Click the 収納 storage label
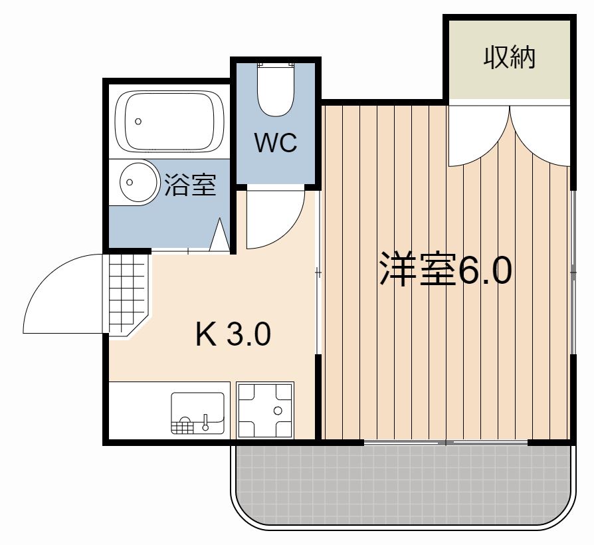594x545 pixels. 509,58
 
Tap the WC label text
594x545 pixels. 276,143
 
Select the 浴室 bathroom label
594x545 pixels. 190,185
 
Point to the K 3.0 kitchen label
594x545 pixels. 233,334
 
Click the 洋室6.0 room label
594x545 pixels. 445,270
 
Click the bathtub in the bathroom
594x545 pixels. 169,121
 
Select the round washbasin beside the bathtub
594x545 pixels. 139,182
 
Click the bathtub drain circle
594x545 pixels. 138,122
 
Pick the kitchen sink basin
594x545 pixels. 197,413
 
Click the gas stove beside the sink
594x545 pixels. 265,410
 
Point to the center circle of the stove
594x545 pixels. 278,411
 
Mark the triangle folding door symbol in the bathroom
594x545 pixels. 220,235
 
